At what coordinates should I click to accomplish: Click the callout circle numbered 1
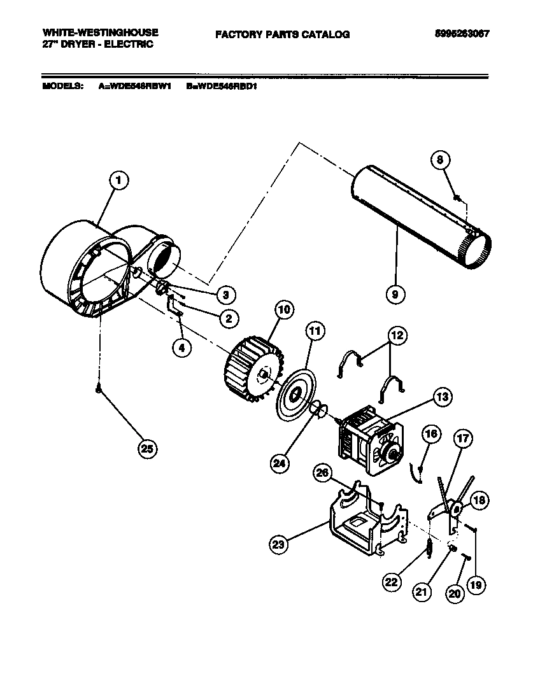[118, 180]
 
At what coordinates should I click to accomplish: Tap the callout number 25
[147, 449]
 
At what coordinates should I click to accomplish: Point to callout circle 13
[441, 397]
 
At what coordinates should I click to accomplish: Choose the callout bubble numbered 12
[397, 334]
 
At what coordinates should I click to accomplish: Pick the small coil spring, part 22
[429, 547]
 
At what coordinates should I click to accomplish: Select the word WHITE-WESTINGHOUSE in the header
[100, 32]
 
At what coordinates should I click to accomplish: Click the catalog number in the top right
[457, 34]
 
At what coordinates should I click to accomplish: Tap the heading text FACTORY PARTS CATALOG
[282, 34]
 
